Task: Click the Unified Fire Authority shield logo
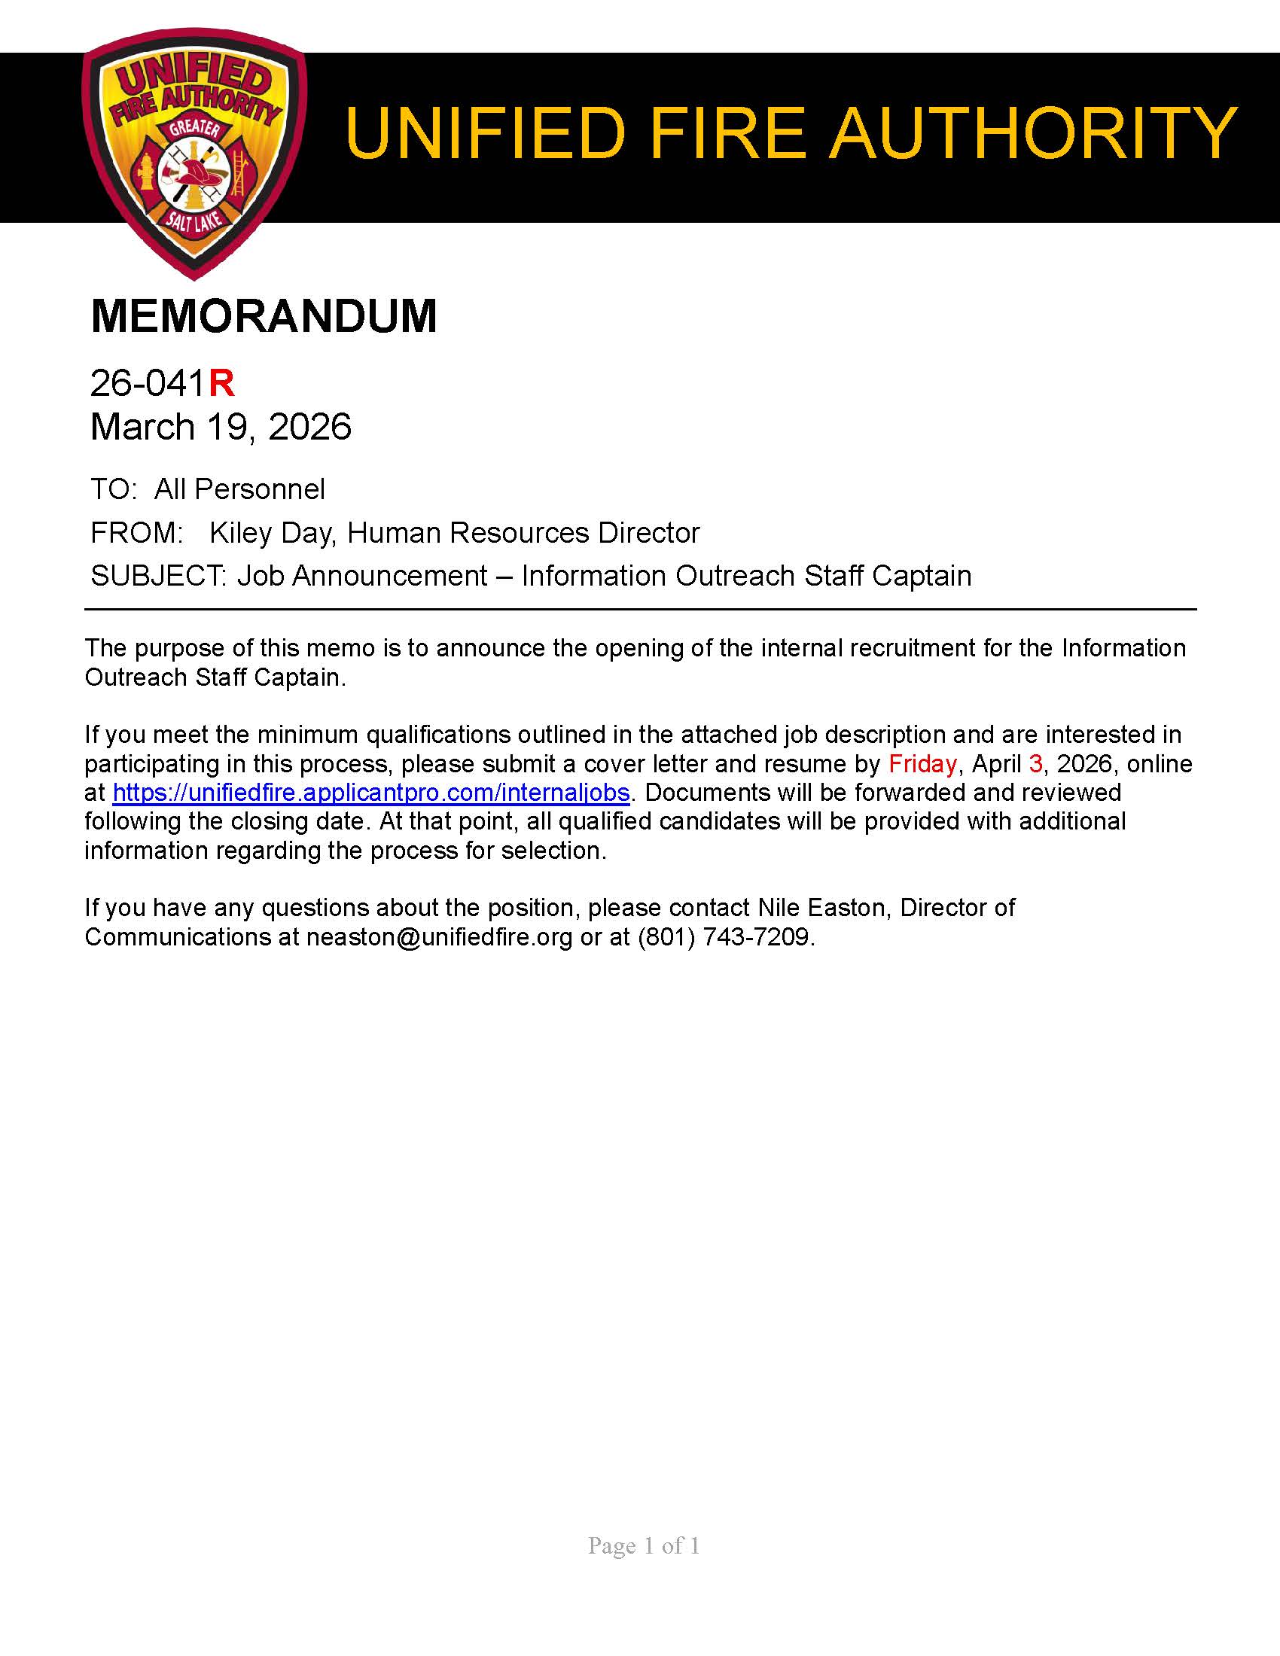point(194,151)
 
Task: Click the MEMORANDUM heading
point(264,316)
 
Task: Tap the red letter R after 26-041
point(221,383)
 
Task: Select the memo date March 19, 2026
point(221,427)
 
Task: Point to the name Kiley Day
point(271,533)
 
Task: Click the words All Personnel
point(239,489)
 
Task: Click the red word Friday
point(922,763)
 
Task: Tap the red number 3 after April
point(1035,763)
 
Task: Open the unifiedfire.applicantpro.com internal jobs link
point(370,793)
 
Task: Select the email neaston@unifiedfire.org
point(439,937)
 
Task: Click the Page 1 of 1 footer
point(644,1545)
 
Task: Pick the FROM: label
point(136,533)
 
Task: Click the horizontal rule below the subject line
point(640,609)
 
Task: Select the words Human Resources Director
point(523,533)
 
